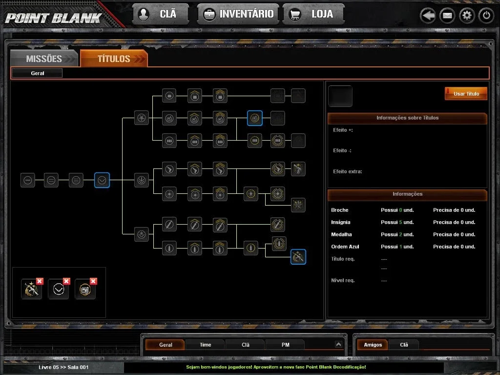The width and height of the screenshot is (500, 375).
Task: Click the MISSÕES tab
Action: [x=44, y=59]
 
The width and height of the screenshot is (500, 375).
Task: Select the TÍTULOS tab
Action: [x=114, y=59]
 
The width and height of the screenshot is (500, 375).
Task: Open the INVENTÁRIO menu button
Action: [x=238, y=14]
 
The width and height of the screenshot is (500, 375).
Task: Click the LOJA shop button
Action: [x=313, y=14]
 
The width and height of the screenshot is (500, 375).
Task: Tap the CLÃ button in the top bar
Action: [x=160, y=14]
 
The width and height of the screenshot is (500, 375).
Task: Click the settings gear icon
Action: [x=467, y=15]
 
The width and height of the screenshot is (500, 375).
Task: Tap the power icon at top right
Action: [x=486, y=15]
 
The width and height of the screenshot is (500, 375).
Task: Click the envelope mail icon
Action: [x=447, y=15]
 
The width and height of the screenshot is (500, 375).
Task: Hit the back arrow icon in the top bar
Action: [x=428, y=15]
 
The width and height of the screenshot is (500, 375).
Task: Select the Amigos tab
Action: [x=373, y=345]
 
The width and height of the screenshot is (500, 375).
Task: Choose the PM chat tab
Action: [x=285, y=345]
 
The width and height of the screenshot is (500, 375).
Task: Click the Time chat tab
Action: [x=206, y=345]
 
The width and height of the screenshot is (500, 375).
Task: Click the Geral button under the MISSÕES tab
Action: [x=37, y=73]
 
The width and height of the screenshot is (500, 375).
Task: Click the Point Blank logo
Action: [x=54, y=18]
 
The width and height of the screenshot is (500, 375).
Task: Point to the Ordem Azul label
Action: [x=345, y=247]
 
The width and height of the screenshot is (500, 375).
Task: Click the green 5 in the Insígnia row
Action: [x=400, y=222]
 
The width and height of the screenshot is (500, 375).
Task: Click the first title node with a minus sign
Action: [x=28, y=180]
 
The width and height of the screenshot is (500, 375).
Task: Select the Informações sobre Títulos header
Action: [x=407, y=118]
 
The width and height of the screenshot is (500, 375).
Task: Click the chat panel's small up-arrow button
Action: [x=338, y=344]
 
